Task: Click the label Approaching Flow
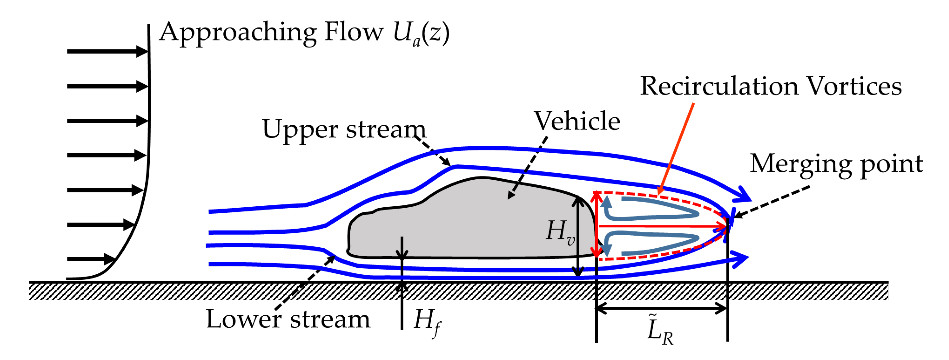(x=271, y=32)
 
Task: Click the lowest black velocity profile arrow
(x=90, y=259)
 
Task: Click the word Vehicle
(x=577, y=121)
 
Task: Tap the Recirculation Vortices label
(x=771, y=87)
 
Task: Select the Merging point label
(x=836, y=164)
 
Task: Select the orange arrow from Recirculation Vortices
(x=676, y=147)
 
